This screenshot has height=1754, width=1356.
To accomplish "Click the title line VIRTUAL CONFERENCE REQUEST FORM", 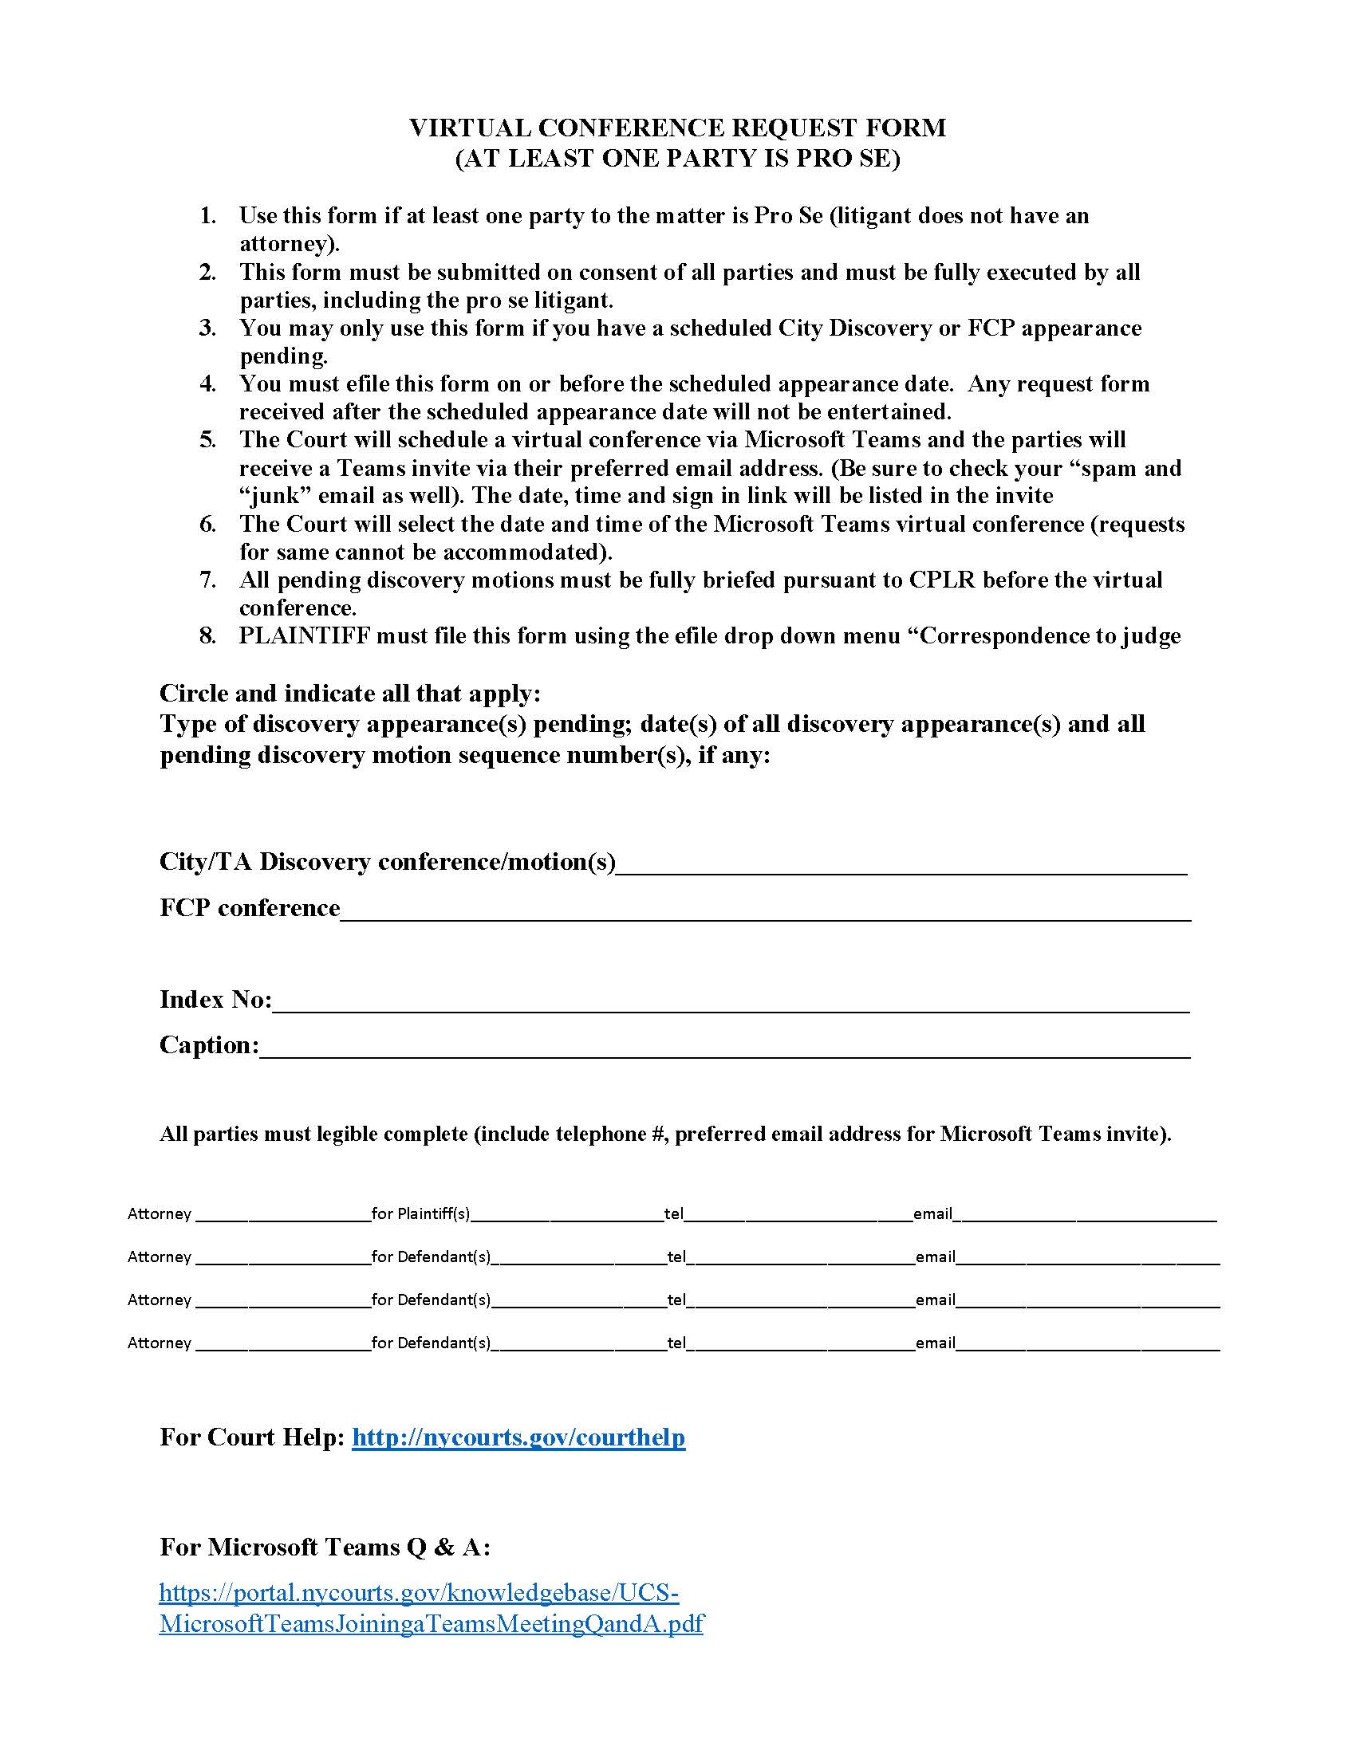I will [677, 128].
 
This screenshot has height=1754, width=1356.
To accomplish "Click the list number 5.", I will [208, 440].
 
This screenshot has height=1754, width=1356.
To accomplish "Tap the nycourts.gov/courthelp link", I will [518, 1437].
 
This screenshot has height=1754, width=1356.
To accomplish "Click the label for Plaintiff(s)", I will [421, 1213].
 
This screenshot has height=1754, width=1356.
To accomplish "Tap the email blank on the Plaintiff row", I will [1088, 1215].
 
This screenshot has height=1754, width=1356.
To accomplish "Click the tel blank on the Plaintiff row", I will [798, 1215].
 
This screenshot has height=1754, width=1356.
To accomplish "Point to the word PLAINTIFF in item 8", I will [305, 636].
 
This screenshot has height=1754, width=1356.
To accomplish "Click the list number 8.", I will [208, 636].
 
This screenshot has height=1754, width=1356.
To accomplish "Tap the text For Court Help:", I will [252, 1437].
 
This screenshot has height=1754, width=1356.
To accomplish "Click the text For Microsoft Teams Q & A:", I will [325, 1547].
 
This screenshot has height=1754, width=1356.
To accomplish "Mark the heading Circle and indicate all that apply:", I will [350, 693].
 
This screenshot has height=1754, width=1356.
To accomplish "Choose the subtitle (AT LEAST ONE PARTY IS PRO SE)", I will [677, 158].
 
